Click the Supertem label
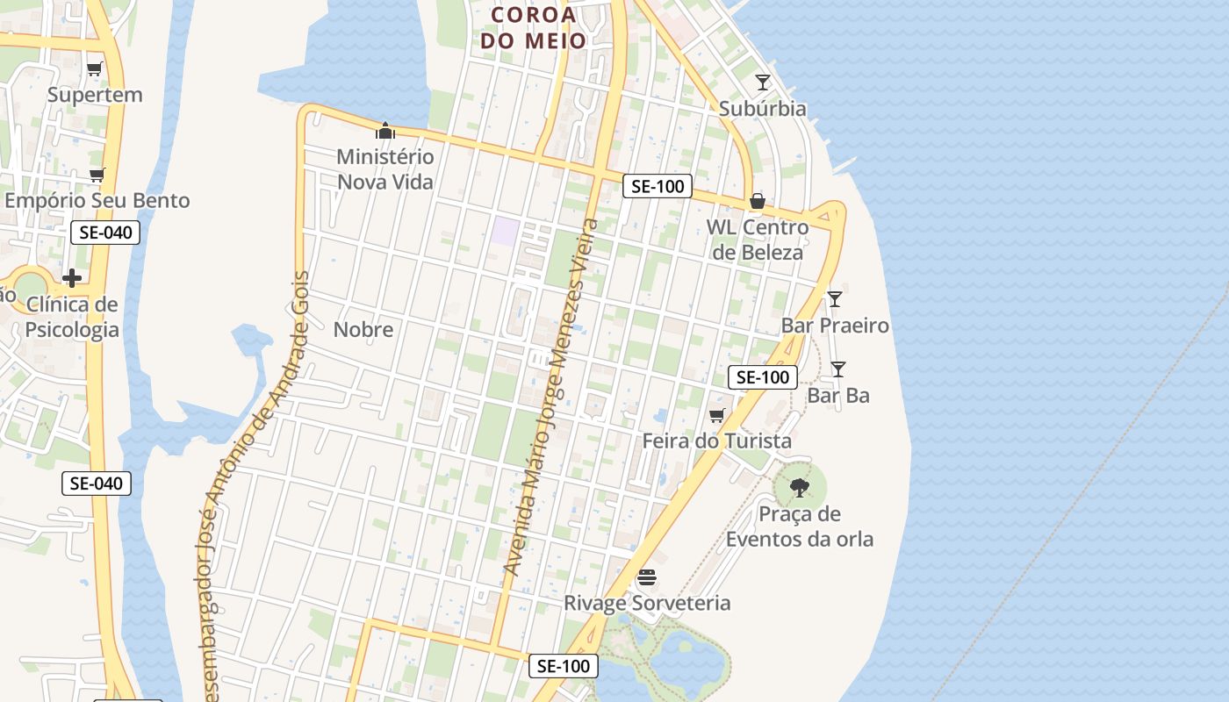[95, 95]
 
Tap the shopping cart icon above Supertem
[95, 68]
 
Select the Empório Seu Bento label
[97, 201]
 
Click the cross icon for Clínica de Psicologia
[72, 278]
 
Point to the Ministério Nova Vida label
[385, 169]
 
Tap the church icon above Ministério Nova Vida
[385, 132]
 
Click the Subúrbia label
[762, 109]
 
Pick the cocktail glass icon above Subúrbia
[763, 82]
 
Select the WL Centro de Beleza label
[758, 240]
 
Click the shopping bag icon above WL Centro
[758, 202]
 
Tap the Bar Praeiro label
[835, 326]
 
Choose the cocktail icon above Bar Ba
[838, 369]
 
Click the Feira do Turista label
[717, 441]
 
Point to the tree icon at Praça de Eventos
[799, 487]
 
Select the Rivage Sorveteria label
[647, 603]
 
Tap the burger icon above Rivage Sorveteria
[647, 577]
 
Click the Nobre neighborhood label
[363, 330]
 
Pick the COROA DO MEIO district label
[534, 27]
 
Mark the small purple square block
[505, 232]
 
